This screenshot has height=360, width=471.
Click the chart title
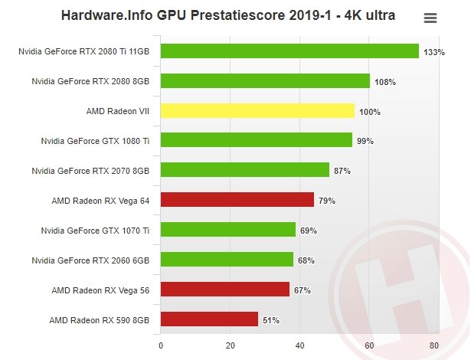(x=228, y=15)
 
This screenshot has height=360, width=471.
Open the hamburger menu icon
(x=430, y=18)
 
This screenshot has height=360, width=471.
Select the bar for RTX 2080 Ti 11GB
(x=289, y=51)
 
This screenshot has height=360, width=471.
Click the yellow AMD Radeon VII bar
(x=257, y=111)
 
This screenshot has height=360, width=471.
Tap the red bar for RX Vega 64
(x=237, y=200)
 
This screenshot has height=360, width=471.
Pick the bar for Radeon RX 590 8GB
(x=209, y=319)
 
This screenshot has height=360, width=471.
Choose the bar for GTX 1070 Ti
(x=228, y=230)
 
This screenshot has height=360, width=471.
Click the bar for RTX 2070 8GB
(x=245, y=170)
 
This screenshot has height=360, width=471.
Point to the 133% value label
(x=434, y=53)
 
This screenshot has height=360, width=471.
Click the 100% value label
(x=370, y=112)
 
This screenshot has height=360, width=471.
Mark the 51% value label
(x=271, y=320)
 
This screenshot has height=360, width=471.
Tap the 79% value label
(x=327, y=201)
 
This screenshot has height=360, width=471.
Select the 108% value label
(x=385, y=82)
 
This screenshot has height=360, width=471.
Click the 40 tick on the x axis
(x=299, y=345)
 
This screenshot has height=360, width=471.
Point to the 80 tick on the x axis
(x=434, y=345)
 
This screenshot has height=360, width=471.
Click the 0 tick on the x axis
(x=161, y=345)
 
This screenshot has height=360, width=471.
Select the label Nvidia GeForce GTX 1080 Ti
(x=95, y=141)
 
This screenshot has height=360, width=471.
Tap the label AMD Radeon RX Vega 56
(x=100, y=290)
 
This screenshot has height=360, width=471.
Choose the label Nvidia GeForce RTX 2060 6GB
(x=90, y=260)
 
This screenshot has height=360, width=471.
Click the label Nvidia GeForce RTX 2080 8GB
(x=90, y=81)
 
